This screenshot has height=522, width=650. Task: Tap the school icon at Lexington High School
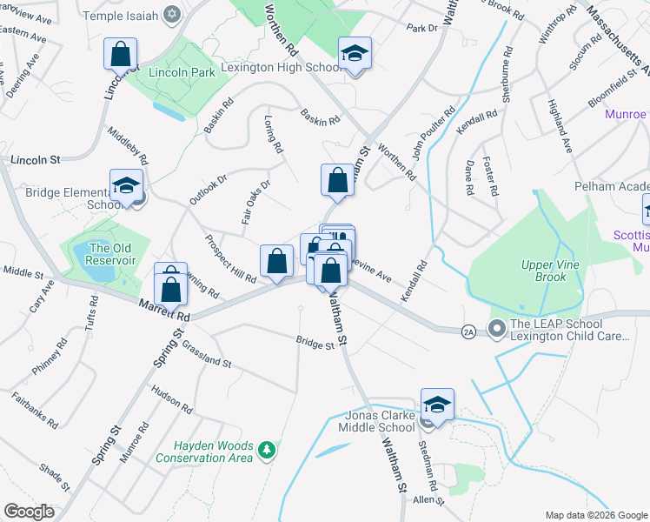click(x=355, y=54)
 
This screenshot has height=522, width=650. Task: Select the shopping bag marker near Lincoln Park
click(x=121, y=53)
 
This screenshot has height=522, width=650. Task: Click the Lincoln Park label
click(x=181, y=72)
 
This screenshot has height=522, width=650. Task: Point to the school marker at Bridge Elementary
click(x=126, y=186)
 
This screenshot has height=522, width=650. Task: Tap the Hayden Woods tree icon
click(x=269, y=449)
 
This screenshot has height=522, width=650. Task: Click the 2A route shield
click(x=468, y=331)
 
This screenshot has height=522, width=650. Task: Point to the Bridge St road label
click(x=315, y=343)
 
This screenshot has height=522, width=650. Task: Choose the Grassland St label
click(x=206, y=353)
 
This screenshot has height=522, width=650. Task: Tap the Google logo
click(x=30, y=512)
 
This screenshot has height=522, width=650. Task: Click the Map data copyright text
click(x=596, y=514)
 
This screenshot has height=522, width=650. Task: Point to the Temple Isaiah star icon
click(x=171, y=13)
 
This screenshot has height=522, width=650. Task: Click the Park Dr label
click(x=422, y=28)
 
